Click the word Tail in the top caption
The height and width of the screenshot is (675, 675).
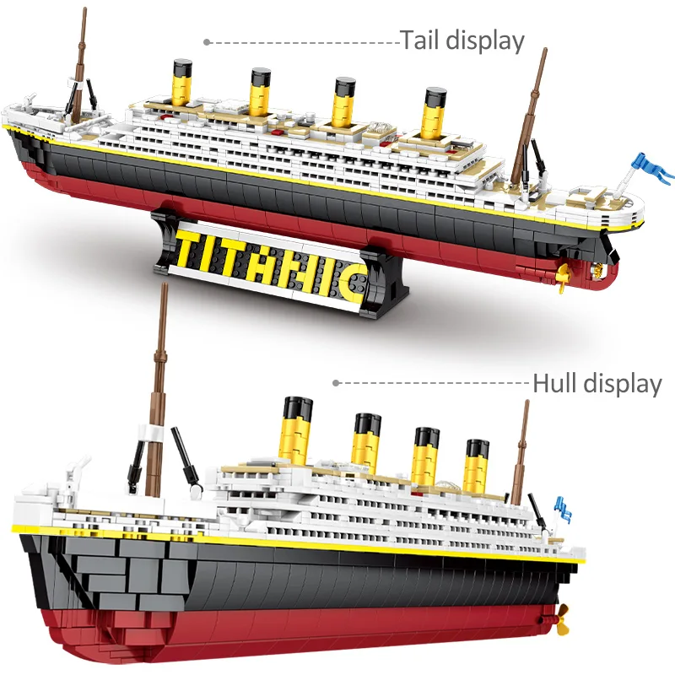point(420,40)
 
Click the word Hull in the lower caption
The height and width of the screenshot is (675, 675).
point(554,384)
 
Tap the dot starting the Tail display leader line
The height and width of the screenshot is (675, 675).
point(207,40)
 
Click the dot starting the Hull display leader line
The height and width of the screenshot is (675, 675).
point(336,383)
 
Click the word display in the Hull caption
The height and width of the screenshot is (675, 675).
point(623,384)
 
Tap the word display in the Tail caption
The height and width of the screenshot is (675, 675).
point(485,40)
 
